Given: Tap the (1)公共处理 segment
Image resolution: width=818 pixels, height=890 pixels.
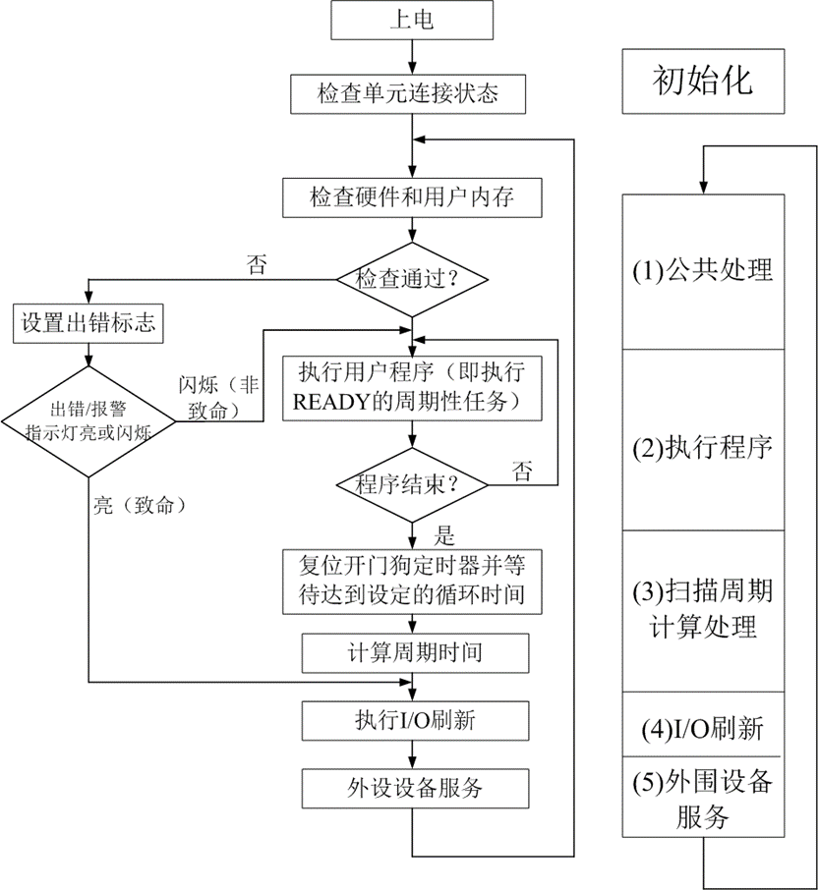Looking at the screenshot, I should point(702,270).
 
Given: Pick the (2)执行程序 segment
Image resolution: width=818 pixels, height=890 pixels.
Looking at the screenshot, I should point(702,447).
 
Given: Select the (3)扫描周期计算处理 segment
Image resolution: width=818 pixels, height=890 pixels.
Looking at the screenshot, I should point(702,610).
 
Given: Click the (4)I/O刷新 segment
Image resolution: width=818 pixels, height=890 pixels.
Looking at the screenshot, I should point(702,729).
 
